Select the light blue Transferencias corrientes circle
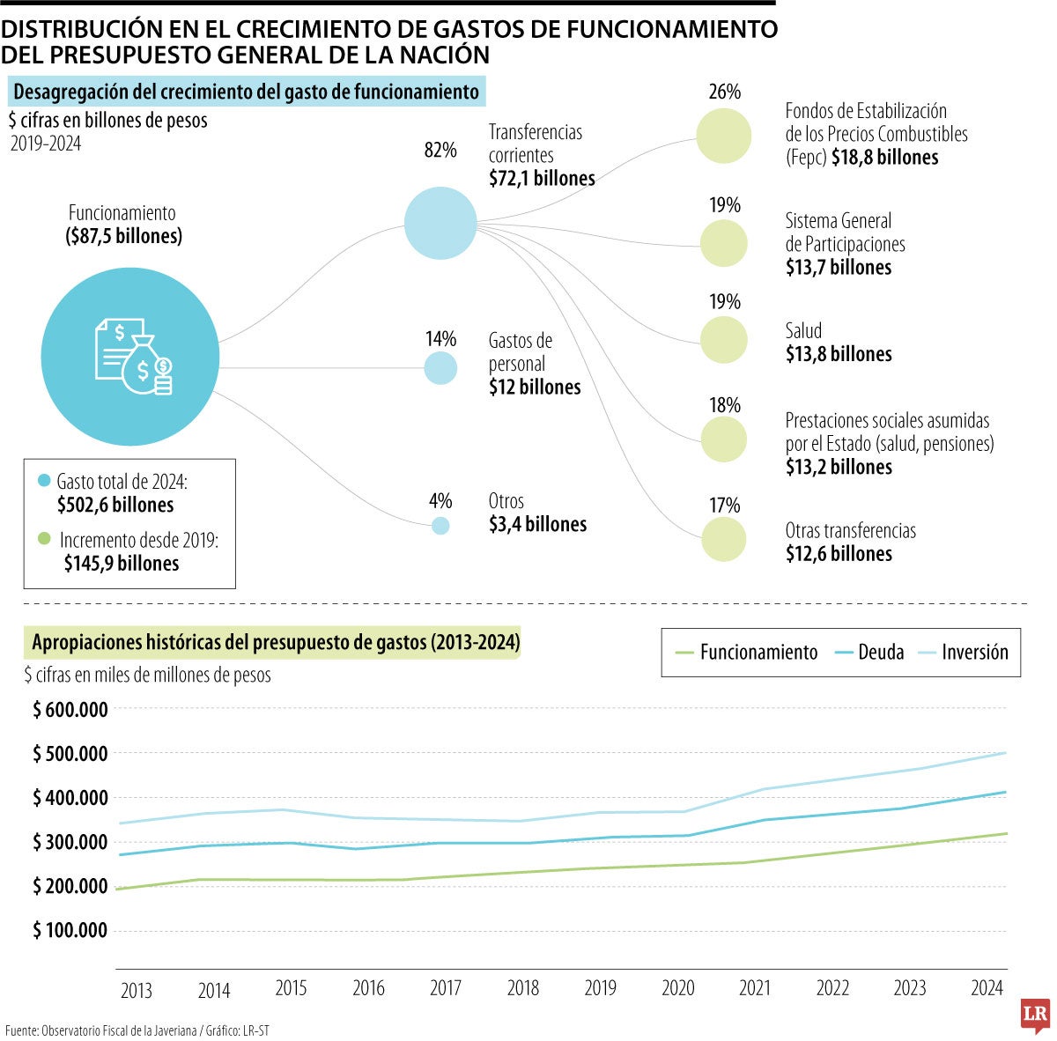pyautogui.click(x=440, y=223)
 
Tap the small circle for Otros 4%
pyautogui.click(x=440, y=526)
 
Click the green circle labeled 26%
pyautogui.click(x=723, y=136)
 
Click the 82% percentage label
pyautogui.click(x=440, y=151)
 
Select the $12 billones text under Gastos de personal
pyautogui.click(x=535, y=388)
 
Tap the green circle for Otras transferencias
pyautogui.click(x=724, y=539)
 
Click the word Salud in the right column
pyautogui.click(x=803, y=331)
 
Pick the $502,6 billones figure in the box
pyautogui.click(x=115, y=506)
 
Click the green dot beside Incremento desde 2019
pyautogui.click(x=45, y=538)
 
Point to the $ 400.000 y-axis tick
pyautogui.click(x=70, y=798)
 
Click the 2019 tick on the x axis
pyautogui.click(x=600, y=988)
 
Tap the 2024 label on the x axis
pyautogui.click(x=987, y=988)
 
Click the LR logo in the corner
pyautogui.click(x=1034, y=1015)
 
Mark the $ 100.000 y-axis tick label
pyautogui.click(x=70, y=930)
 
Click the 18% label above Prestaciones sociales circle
pyautogui.click(x=724, y=405)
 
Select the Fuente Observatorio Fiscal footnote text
pyautogui.click(x=137, y=1030)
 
